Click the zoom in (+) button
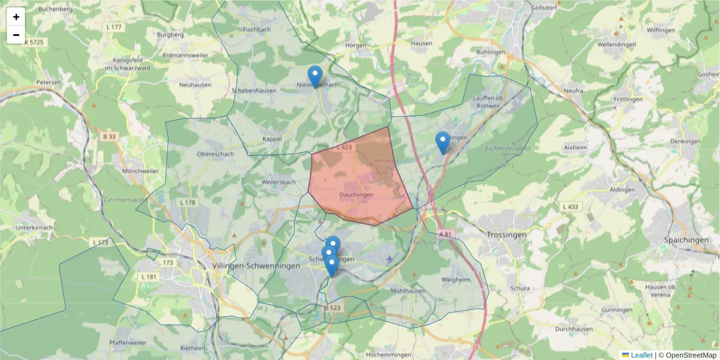click(16, 17)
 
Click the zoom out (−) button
click(16, 35)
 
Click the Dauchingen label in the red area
click(356, 194)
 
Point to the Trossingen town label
click(506, 235)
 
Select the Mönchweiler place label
click(140, 171)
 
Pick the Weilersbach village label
click(279, 182)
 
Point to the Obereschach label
click(215, 154)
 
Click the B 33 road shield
click(109, 137)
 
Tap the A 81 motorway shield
click(445, 233)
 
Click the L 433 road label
click(571, 207)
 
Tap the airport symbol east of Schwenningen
click(390, 259)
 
